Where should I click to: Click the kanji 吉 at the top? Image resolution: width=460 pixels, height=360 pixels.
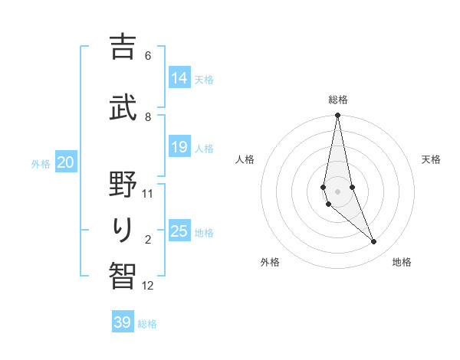(123, 47)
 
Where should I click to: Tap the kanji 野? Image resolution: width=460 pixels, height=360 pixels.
(123, 183)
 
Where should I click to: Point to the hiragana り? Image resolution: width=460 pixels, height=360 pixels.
(123, 229)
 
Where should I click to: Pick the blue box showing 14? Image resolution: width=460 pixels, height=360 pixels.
(179, 78)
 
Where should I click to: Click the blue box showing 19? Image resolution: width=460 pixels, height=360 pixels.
(179, 147)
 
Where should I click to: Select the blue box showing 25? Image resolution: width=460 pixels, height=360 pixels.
(179, 231)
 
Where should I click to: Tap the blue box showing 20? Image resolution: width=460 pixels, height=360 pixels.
(65, 162)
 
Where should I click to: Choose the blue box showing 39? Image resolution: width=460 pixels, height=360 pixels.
(122, 322)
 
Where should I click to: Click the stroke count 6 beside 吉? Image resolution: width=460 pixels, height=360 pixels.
(148, 55)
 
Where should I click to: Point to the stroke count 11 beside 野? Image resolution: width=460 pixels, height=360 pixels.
(148, 193)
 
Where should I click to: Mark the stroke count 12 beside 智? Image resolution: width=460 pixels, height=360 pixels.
(148, 286)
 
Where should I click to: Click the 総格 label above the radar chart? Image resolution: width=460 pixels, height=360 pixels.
(338, 100)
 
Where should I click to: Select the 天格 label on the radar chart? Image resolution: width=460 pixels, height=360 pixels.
(431, 159)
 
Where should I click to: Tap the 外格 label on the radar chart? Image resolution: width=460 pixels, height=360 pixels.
(270, 262)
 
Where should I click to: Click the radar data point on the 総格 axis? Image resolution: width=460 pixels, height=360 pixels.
(337, 116)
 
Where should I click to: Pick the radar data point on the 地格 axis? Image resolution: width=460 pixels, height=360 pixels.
(374, 242)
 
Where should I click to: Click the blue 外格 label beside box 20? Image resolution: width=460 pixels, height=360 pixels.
(41, 163)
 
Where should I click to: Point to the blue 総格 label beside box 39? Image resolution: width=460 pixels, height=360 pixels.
(147, 324)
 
